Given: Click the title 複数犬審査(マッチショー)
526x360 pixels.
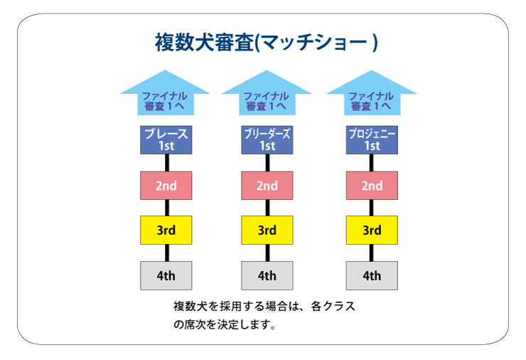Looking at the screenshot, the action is [267, 43].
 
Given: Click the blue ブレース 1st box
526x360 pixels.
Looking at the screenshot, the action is [166, 140].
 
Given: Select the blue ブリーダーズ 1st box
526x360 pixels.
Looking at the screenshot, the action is [267, 140].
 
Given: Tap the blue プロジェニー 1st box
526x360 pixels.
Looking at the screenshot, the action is [372, 140].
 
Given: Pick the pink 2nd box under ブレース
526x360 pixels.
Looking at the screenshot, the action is [166, 186].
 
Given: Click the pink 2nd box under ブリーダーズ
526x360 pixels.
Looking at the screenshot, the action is [267, 186].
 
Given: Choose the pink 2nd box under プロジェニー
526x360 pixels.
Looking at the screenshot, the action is [372, 186].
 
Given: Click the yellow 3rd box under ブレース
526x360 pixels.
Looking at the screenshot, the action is [166, 230].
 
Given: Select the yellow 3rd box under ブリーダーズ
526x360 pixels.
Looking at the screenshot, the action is [267, 230].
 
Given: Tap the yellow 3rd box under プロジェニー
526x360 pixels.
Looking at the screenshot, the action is [372, 230].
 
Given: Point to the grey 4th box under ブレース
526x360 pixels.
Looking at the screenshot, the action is [166, 276].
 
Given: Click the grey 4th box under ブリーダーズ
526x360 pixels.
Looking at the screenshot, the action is [267, 276].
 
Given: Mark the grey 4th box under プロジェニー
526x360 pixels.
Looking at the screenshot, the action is [372, 276].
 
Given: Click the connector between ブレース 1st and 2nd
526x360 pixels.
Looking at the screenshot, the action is [167, 163].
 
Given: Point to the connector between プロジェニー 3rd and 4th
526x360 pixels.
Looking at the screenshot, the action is [372, 253].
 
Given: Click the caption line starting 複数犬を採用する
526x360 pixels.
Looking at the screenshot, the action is [264, 306].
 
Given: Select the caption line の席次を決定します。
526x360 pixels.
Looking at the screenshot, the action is [225, 324].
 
